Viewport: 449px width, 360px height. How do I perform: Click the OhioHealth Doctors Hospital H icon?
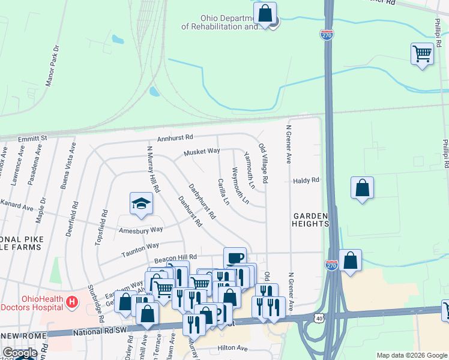(x=71, y=301)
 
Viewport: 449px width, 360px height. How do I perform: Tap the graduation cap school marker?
(x=141, y=203)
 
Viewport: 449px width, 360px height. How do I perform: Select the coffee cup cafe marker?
(x=235, y=258)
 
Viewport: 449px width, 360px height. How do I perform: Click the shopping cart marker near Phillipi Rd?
(x=422, y=53)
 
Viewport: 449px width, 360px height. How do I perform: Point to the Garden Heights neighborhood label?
(x=311, y=220)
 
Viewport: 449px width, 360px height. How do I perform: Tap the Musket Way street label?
(x=202, y=152)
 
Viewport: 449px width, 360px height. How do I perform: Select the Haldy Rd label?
(x=306, y=180)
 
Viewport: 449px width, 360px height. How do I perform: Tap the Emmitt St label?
(x=32, y=139)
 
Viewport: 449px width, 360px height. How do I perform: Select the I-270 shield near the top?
(x=327, y=35)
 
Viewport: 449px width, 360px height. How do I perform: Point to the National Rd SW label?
(x=103, y=331)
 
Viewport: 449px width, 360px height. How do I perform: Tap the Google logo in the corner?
(x=19, y=353)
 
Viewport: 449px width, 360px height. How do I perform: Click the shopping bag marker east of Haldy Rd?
(x=362, y=188)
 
